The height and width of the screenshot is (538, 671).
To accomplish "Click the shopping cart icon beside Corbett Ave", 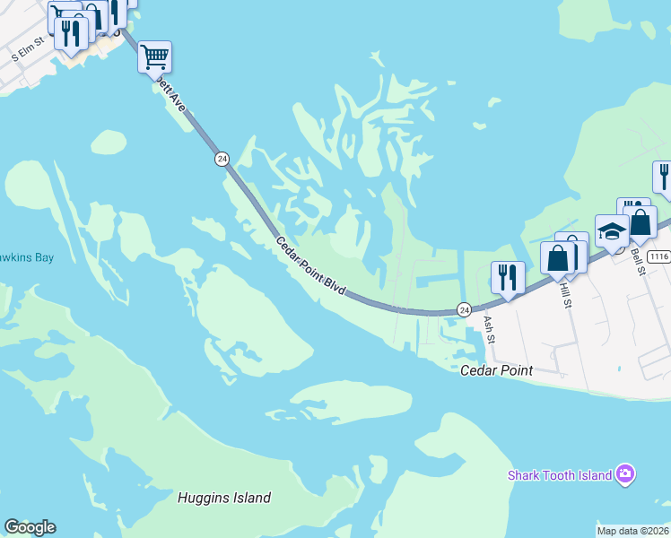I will pyautogui.click(x=154, y=57).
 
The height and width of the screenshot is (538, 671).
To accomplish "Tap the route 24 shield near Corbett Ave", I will pyautogui.click(x=222, y=159).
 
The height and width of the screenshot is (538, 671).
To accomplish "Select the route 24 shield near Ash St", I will pyautogui.click(x=464, y=308).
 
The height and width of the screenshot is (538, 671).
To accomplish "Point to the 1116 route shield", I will pyautogui.click(x=658, y=256).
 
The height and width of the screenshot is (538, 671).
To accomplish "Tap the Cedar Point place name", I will pyautogui.click(x=496, y=370).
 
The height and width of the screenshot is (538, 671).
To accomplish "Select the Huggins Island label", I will pyautogui.click(x=223, y=498).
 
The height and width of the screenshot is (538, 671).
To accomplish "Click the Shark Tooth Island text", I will pyautogui.click(x=559, y=475).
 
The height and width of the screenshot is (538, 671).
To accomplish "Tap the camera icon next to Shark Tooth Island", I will pyautogui.click(x=625, y=474).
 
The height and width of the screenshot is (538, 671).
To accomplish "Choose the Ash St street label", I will pyautogui.click(x=489, y=328).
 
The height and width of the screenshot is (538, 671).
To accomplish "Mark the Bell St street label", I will pyautogui.click(x=639, y=264).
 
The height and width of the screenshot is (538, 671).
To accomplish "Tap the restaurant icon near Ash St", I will pyautogui.click(x=508, y=277).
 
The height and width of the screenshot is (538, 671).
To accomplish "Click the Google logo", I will pyautogui.click(x=30, y=527).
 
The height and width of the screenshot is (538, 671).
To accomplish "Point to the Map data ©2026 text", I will pyautogui.click(x=632, y=531).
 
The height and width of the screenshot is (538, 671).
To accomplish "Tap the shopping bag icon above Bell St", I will pyautogui.click(x=640, y=221).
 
